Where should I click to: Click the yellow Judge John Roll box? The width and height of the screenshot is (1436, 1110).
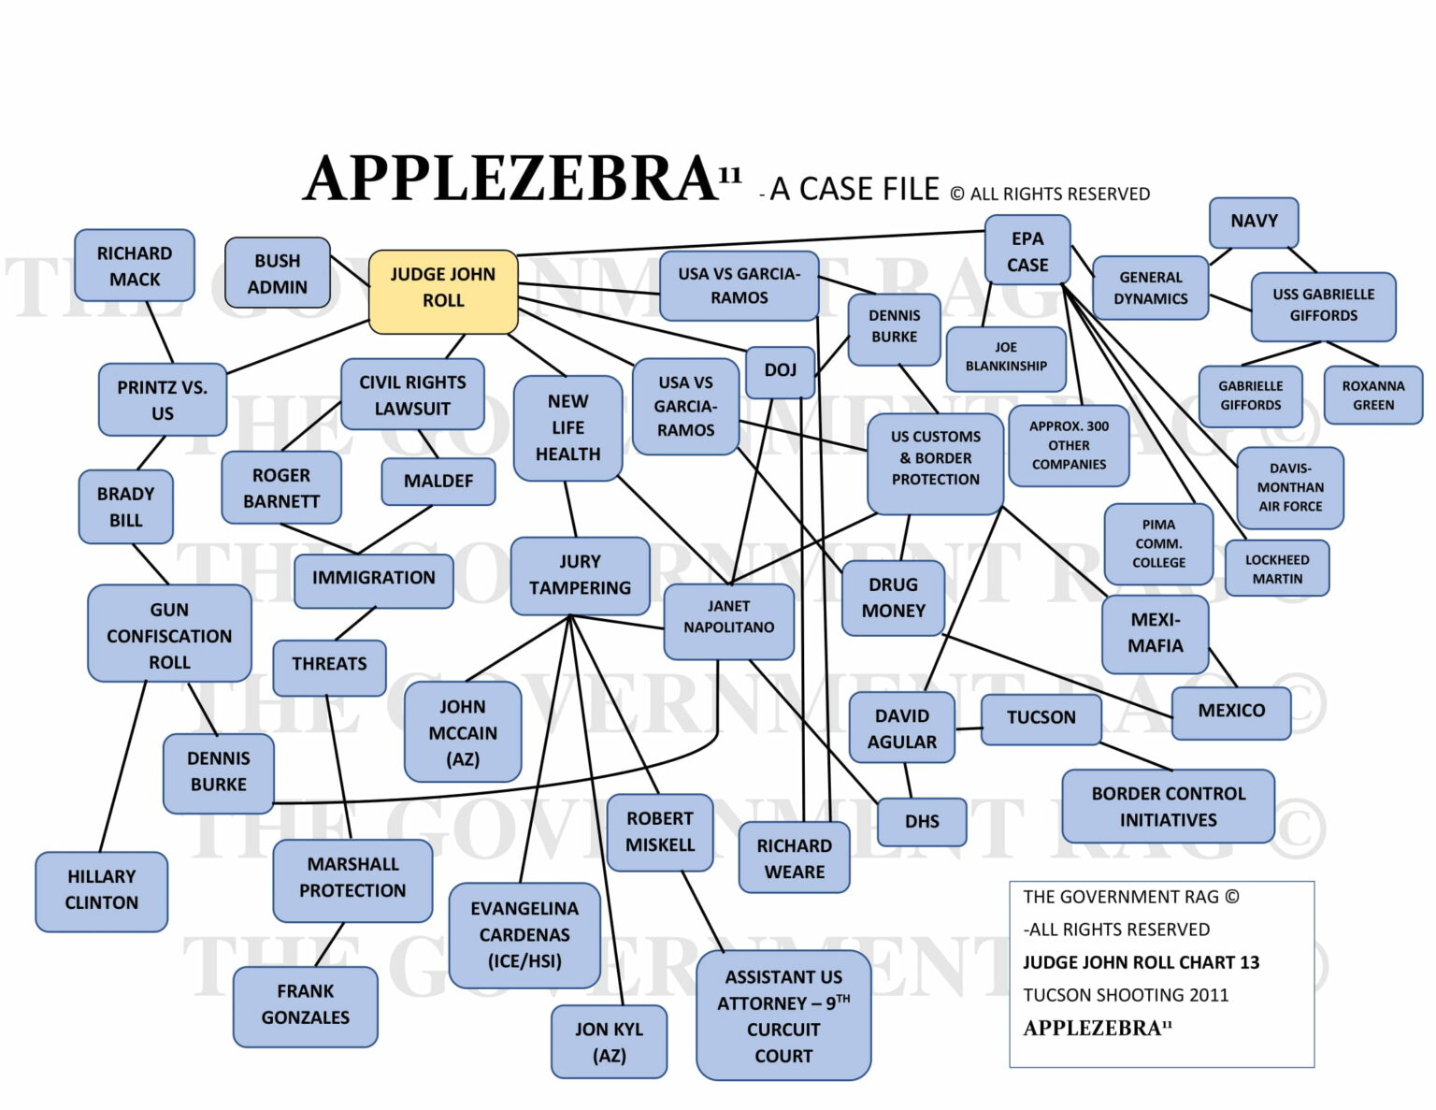(443, 291)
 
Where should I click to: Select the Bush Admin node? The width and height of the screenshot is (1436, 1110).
(278, 273)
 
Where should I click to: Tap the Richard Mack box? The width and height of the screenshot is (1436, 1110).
(135, 266)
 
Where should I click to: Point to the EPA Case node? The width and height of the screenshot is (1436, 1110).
(1027, 251)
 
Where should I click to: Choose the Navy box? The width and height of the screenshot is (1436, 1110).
(1253, 222)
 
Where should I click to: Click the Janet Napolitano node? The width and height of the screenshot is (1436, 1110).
(728, 617)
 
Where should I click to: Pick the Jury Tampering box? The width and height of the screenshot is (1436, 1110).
(580, 574)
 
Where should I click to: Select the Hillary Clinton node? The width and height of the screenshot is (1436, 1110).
(101, 889)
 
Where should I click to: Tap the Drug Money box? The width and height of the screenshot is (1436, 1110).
(893, 598)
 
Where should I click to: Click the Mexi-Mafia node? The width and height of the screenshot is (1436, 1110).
(1155, 633)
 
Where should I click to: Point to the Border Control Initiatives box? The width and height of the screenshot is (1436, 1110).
(1168, 806)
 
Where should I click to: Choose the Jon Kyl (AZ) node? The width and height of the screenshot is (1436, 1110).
(609, 1042)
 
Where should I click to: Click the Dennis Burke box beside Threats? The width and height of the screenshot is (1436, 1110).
(219, 771)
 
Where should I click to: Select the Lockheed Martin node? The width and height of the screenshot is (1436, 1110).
(1276, 569)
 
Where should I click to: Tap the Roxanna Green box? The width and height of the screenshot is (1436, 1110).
(1372, 396)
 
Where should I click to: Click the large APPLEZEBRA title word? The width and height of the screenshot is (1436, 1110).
(510, 179)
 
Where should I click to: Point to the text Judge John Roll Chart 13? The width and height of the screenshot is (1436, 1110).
(1141, 962)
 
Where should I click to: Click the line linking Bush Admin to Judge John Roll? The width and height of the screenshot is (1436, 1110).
(350, 272)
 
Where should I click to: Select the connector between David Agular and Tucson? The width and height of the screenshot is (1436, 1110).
(968, 728)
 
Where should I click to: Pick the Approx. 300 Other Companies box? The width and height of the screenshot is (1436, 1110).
(1069, 445)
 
